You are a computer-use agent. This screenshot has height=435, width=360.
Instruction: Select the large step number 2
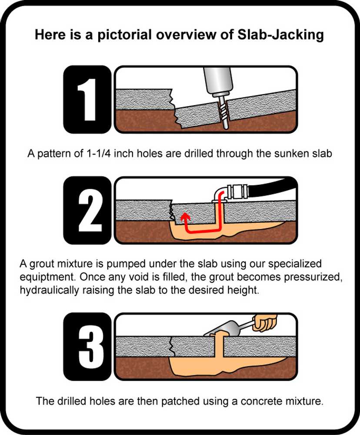click(x=89, y=210)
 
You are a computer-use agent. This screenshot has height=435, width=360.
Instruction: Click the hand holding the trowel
click(x=265, y=323)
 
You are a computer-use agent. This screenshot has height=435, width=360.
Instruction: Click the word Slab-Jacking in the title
click(x=281, y=35)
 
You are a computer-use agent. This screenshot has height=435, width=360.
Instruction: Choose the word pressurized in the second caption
click(x=312, y=277)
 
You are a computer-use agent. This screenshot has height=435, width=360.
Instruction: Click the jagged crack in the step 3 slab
click(x=172, y=347)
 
